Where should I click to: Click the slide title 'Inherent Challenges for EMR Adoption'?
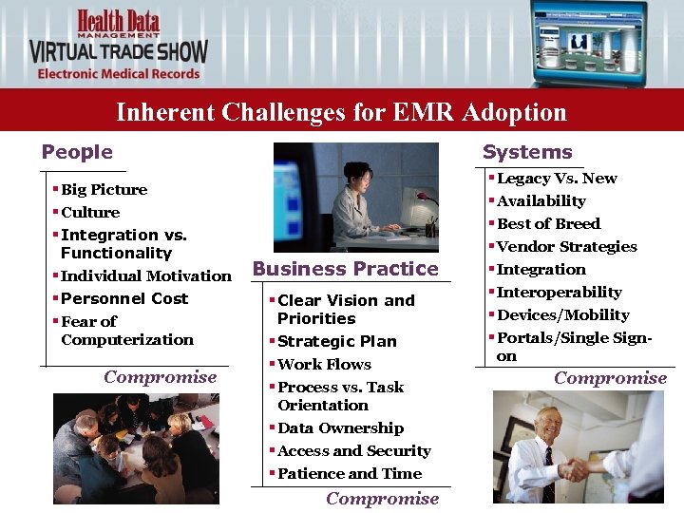pyautogui.click(x=341, y=112)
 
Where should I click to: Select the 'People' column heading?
pyautogui.click(x=77, y=152)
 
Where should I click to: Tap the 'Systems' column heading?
pyautogui.click(x=527, y=152)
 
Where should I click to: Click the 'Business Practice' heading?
pyautogui.click(x=346, y=269)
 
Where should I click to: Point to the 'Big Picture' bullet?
pyautogui.click(x=104, y=190)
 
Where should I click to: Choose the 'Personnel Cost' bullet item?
pyautogui.click(x=124, y=298)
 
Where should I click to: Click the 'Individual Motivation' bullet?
pyautogui.click(x=145, y=275)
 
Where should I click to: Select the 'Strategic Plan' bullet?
pyautogui.click(x=336, y=341)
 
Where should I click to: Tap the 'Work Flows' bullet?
pyautogui.click(x=324, y=364)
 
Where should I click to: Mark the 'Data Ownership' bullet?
pyautogui.click(x=340, y=428)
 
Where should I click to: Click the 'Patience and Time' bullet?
pyautogui.click(x=349, y=473)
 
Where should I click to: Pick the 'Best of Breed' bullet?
pyautogui.click(x=548, y=223)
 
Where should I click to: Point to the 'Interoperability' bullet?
pyautogui.click(x=559, y=292)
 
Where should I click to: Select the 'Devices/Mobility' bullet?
pyautogui.click(x=562, y=314)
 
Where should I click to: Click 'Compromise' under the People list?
pyautogui.click(x=161, y=377)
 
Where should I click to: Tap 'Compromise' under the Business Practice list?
pyautogui.click(x=382, y=499)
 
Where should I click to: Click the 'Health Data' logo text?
pyautogui.click(x=120, y=21)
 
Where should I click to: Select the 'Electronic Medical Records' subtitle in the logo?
pyautogui.click(x=119, y=73)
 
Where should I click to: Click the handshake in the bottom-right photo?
pyautogui.click(x=576, y=470)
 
